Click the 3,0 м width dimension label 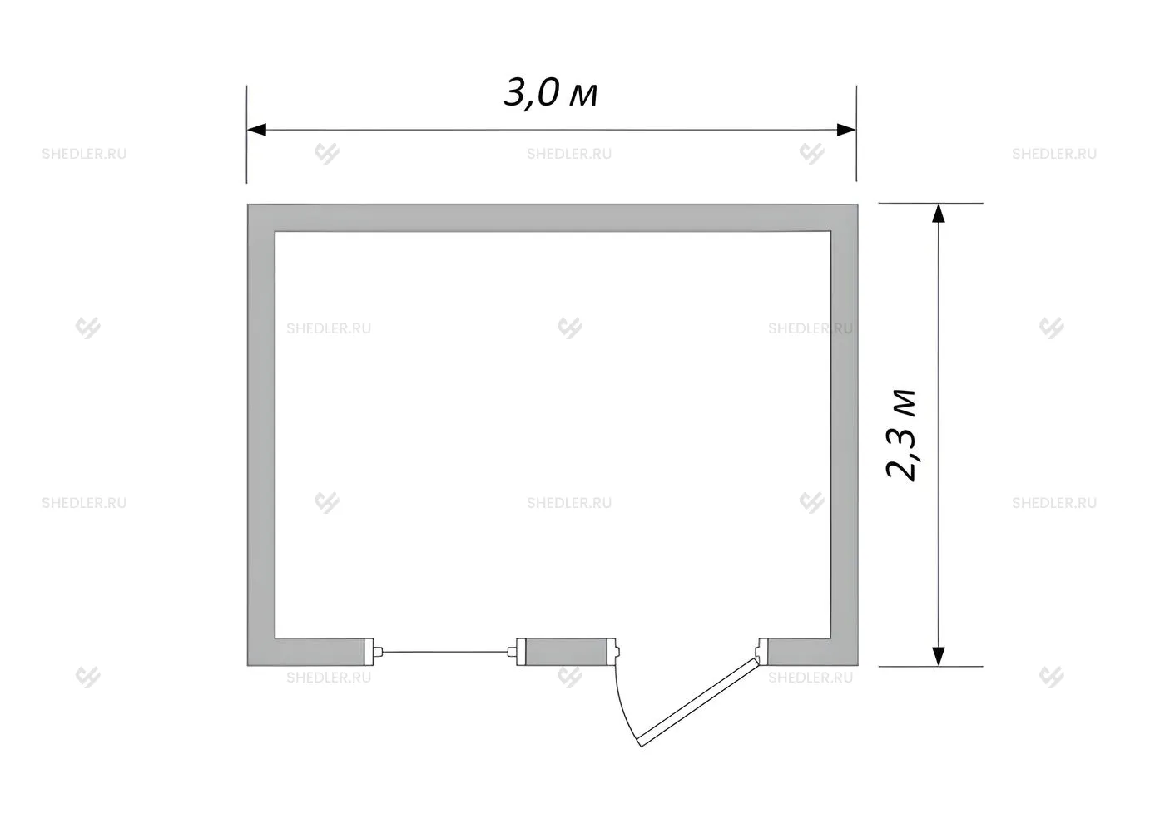[551, 94]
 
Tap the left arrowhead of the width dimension [256, 130]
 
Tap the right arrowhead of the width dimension [846, 130]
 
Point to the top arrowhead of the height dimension [939, 213]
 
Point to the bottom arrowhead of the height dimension [939, 656]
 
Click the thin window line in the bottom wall [445, 652]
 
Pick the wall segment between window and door [566, 652]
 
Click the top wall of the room [553, 218]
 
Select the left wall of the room [261, 435]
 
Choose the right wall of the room [844, 435]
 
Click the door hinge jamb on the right [762, 652]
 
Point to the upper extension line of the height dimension [931, 203]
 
